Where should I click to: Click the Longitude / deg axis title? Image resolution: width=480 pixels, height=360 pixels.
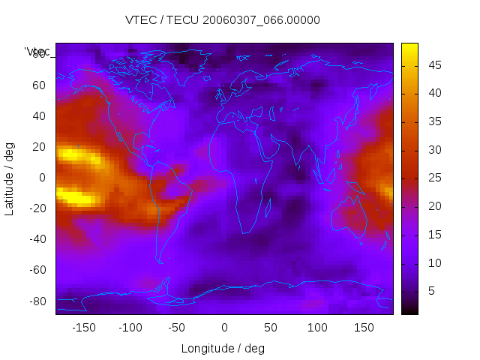click(223, 349)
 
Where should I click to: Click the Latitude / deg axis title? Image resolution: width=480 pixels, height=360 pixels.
click(10, 178)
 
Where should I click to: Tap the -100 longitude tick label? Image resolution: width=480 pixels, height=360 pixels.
click(130, 328)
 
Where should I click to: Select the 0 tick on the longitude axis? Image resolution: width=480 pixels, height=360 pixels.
click(223, 328)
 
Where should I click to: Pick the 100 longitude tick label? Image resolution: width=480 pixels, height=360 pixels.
click(317, 328)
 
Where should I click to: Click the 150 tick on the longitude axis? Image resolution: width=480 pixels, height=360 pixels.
click(364, 328)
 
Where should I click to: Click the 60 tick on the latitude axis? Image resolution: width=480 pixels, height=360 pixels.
click(38, 85)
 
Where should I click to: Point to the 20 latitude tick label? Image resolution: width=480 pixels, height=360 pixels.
click(38, 147)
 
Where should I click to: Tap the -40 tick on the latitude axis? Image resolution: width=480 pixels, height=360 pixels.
click(36, 239)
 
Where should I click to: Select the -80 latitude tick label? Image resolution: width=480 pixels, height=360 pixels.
click(36, 301)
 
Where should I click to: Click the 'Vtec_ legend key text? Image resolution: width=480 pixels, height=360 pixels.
click(37, 52)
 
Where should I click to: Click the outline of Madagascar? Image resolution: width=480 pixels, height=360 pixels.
click(268, 205)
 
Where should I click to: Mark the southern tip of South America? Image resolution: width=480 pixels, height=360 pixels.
click(160, 261)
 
